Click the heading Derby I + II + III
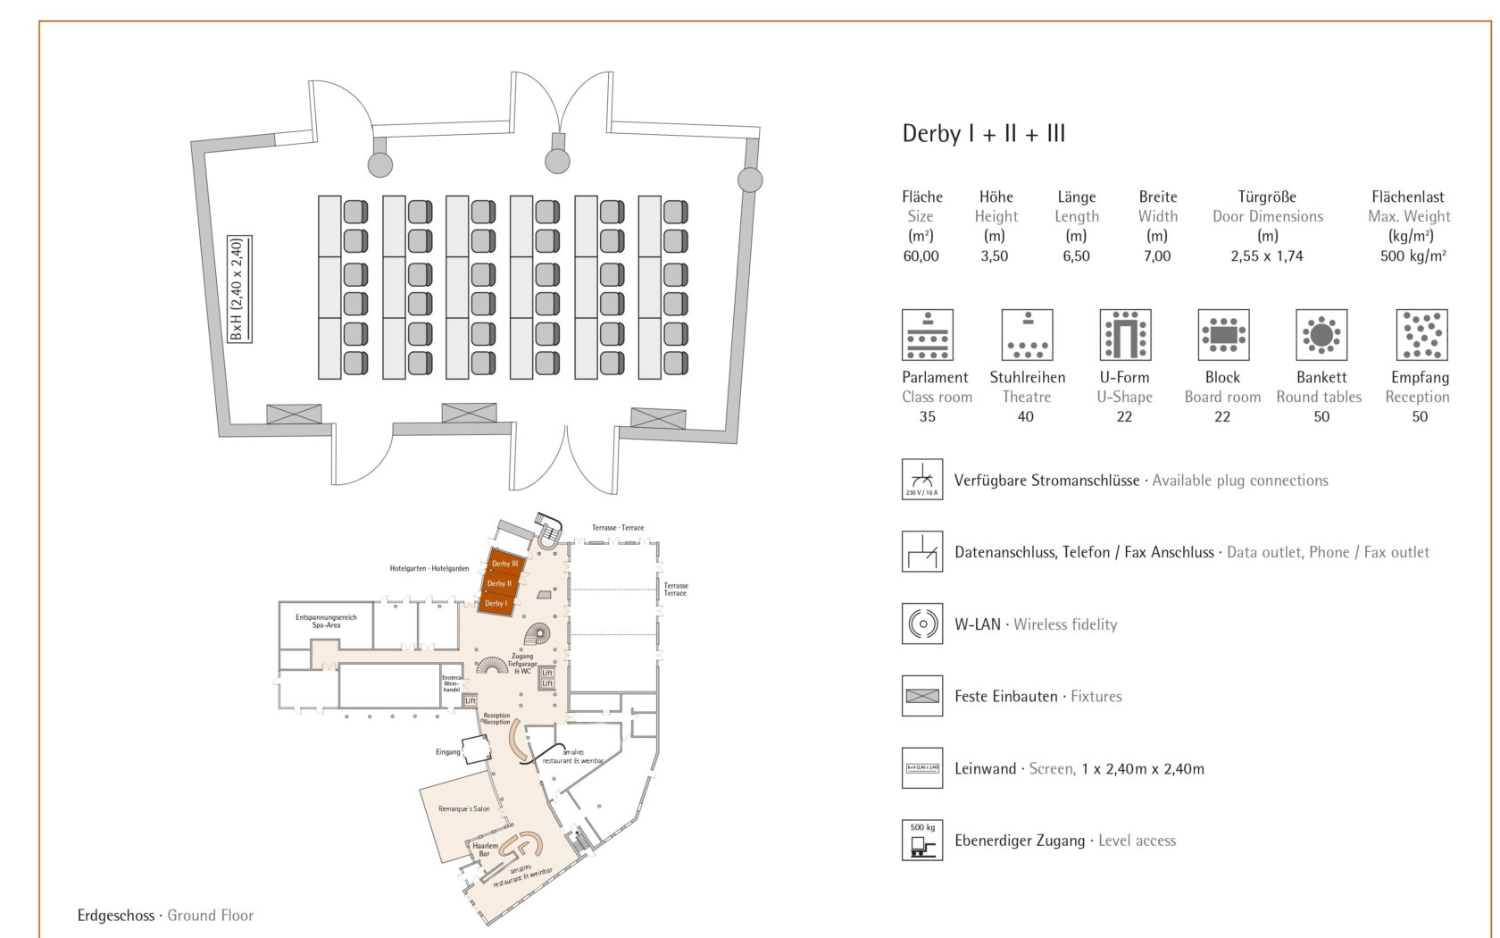pyautogui.click(x=983, y=134)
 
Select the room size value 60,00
pyautogui.click(x=921, y=256)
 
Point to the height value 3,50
pyautogui.click(x=994, y=256)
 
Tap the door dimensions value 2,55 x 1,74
pyautogui.click(x=1266, y=256)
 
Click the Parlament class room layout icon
pyautogui.click(x=927, y=335)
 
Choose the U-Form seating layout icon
pyautogui.click(x=1125, y=335)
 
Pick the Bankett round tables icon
pyautogui.click(x=1321, y=335)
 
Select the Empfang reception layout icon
pyautogui.click(x=1421, y=335)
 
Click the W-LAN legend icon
pyautogui.click(x=922, y=624)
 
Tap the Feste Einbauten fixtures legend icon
pyautogui.click(x=922, y=696)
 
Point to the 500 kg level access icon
pyautogui.click(x=922, y=840)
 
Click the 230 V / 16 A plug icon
pyautogui.click(x=922, y=479)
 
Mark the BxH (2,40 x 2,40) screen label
pyautogui.click(x=238, y=289)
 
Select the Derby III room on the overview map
pyautogui.click(x=504, y=563)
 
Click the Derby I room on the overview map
pyautogui.click(x=496, y=604)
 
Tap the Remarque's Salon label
pyautogui.click(x=463, y=809)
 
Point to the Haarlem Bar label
pyautogui.click(x=485, y=850)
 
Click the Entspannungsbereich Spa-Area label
pyautogui.click(x=326, y=621)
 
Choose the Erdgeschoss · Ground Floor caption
pyautogui.click(x=165, y=916)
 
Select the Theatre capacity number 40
pyautogui.click(x=1026, y=417)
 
